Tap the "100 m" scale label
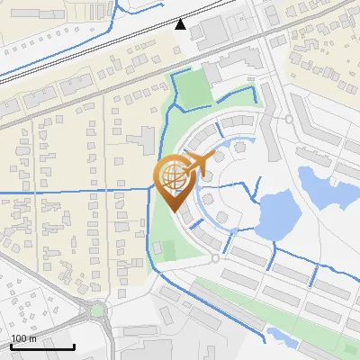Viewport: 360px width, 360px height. pos(23,338)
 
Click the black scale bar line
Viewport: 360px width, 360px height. pos(41,346)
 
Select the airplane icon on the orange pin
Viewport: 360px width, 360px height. pos(195,163)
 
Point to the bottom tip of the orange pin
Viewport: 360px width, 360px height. pos(172,211)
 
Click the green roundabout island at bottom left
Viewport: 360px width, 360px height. pos(97,311)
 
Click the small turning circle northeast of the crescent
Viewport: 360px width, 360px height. pos(289,119)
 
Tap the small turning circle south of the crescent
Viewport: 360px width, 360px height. pos(215,258)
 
